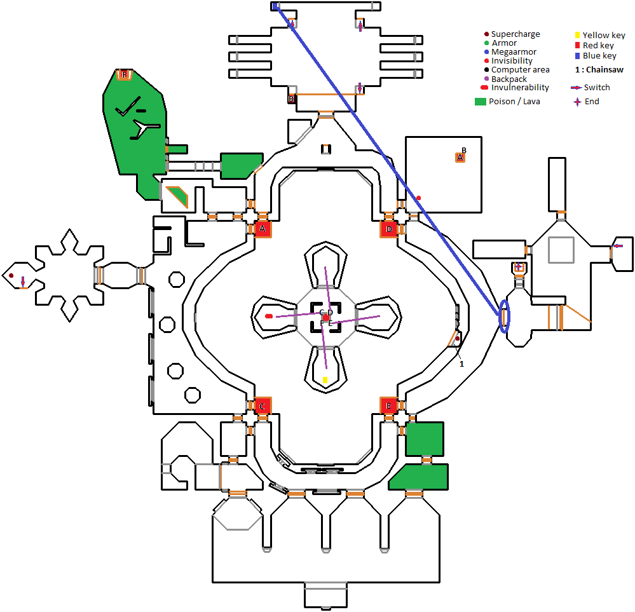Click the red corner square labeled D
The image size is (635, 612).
(389, 229)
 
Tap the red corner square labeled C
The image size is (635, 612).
(262, 405)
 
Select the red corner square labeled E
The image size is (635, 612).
(389, 405)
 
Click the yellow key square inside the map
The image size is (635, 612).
(325, 380)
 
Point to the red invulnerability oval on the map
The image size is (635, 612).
(269, 316)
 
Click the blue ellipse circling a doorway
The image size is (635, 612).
(505, 315)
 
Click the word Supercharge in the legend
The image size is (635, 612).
(516, 34)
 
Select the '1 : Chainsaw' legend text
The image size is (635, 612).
(599, 70)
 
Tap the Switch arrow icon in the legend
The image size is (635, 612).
(577, 88)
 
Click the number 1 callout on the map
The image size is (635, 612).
(462, 364)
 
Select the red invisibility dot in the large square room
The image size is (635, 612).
(418, 198)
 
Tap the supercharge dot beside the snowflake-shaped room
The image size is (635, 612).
(11, 275)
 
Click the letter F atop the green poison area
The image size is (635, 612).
(125, 75)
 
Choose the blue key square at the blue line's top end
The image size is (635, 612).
(276, 6)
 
